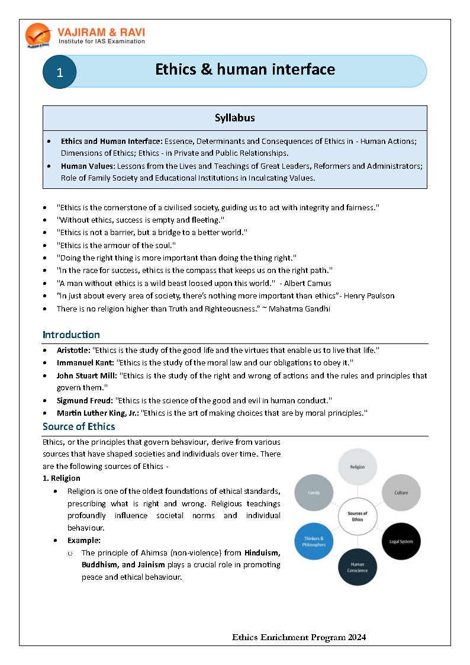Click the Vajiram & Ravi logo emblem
point(38,35)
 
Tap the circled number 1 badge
point(59,72)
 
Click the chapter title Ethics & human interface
point(245,70)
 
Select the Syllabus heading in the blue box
point(235,118)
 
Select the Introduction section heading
point(71,335)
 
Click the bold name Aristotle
point(73,350)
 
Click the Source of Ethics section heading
point(79,426)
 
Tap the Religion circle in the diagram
point(358,467)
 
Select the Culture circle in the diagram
point(401,492)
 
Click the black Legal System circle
point(401,541)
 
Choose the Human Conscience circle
point(358,567)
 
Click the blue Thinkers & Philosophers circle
point(314,541)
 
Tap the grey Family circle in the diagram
point(314,492)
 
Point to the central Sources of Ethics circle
point(358,516)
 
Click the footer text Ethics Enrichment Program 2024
point(299,638)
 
